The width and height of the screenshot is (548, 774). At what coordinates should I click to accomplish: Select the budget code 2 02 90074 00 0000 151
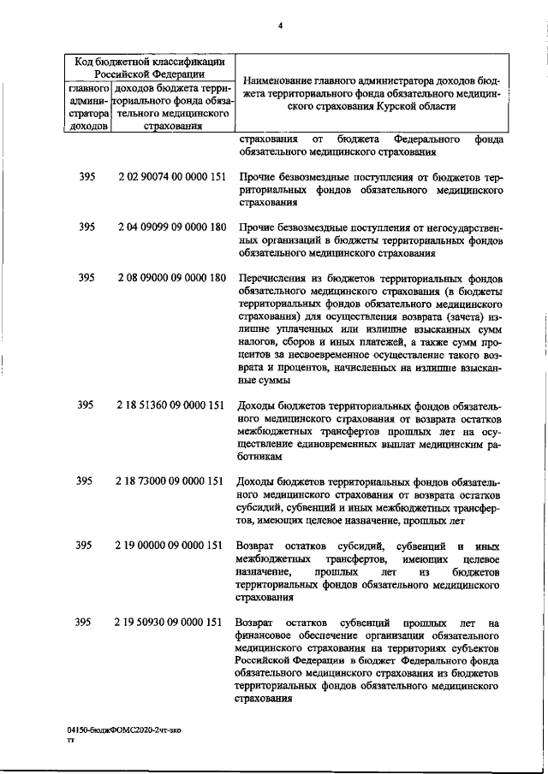point(170,178)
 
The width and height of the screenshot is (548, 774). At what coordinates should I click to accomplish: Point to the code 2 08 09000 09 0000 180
point(170,278)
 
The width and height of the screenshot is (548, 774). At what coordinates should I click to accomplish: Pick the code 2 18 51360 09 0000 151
point(170,405)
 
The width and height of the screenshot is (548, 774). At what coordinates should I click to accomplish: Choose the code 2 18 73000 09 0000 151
point(170,481)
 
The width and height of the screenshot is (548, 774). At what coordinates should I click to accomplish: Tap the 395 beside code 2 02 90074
point(86,178)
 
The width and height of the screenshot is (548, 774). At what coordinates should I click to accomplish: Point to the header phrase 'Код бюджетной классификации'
point(149,62)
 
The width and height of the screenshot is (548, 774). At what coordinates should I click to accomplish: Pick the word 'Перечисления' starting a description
point(274,278)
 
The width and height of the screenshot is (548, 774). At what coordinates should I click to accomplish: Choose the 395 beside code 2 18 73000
point(86,481)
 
